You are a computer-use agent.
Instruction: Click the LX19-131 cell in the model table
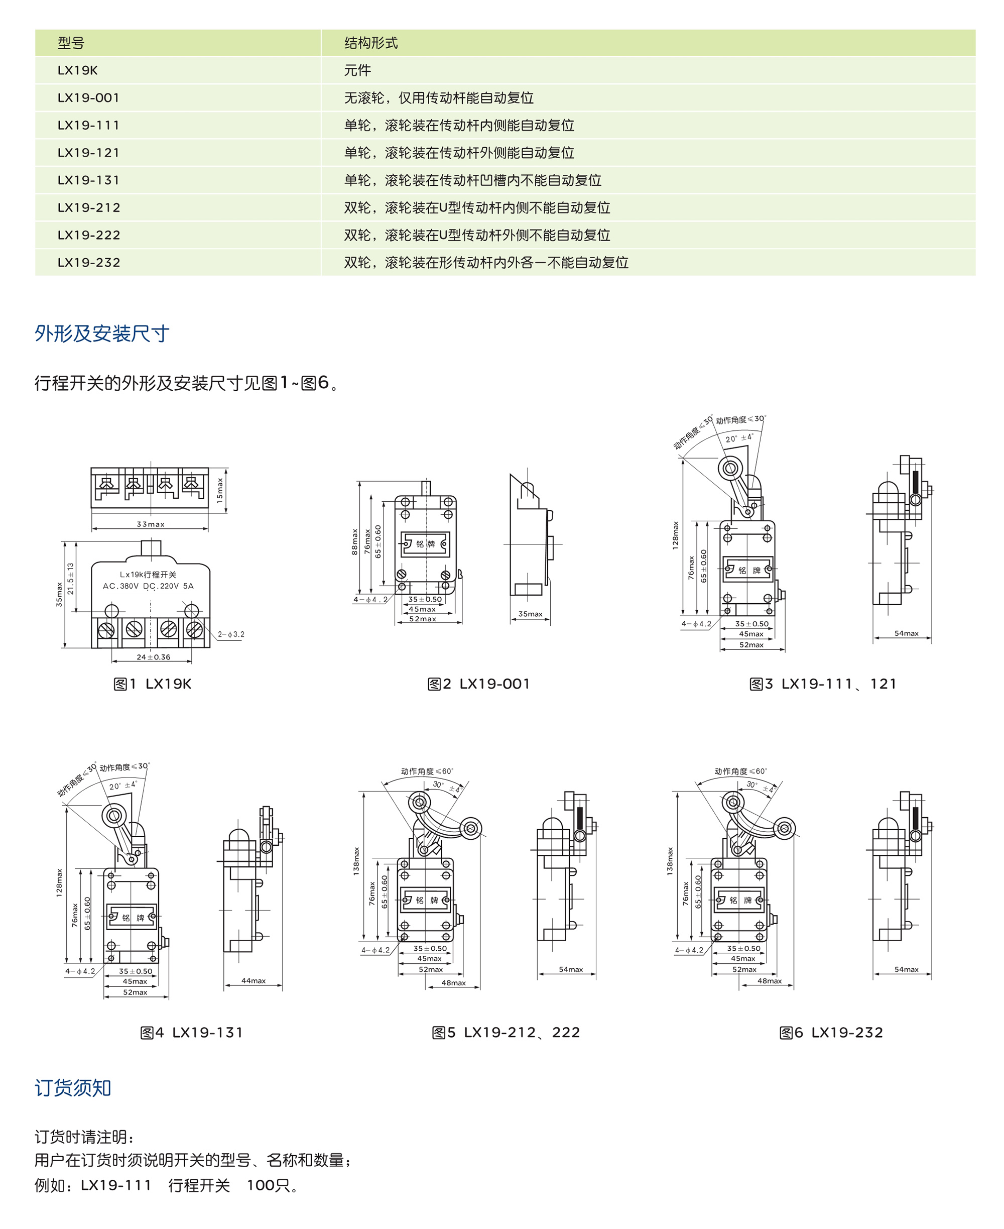(x=88, y=180)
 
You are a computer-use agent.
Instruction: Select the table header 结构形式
(x=370, y=43)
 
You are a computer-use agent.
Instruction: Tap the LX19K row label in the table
(x=77, y=70)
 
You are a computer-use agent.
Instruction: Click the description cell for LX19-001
(x=438, y=98)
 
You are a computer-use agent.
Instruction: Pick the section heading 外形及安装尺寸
(x=102, y=333)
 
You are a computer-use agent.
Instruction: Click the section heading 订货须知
(x=73, y=1088)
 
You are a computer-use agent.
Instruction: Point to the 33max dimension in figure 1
(x=151, y=524)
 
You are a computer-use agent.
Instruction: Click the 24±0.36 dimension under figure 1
(x=153, y=657)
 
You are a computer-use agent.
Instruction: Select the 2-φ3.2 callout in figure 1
(x=231, y=634)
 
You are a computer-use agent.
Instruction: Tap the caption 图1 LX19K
(x=152, y=684)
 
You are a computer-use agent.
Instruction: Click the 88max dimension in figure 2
(x=354, y=541)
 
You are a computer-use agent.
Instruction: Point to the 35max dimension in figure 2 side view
(x=530, y=614)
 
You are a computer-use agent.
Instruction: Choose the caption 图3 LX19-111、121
(x=822, y=684)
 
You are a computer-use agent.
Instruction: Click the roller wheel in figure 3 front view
(x=730, y=468)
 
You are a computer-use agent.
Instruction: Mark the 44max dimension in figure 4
(x=254, y=981)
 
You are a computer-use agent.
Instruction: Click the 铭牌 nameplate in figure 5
(x=427, y=901)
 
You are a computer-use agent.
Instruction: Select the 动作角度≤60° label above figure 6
(x=740, y=771)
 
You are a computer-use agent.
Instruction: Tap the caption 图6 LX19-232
(x=831, y=1033)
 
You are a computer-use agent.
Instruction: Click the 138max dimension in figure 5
(x=356, y=861)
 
